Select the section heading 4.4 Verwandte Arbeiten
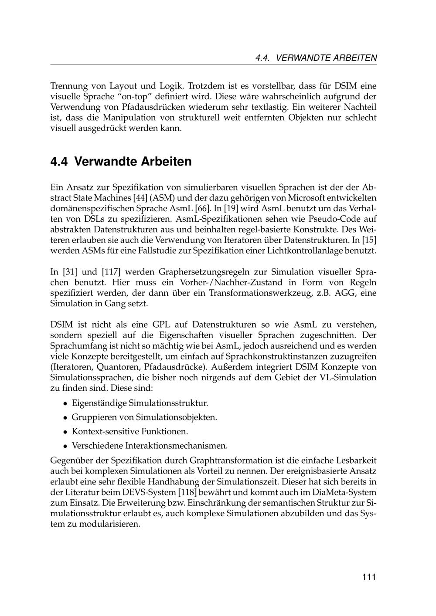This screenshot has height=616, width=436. click(x=121, y=161)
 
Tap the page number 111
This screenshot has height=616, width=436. click(x=368, y=577)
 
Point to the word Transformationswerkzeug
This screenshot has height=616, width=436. click(x=260, y=293)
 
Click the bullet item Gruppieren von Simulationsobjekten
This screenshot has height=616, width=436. click(x=144, y=417)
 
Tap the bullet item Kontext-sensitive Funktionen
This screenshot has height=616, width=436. click(x=130, y=432)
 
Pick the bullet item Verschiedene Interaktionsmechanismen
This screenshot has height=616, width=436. click(x=150, y=446)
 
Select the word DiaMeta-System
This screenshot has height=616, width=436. click(x=344, y=492)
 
